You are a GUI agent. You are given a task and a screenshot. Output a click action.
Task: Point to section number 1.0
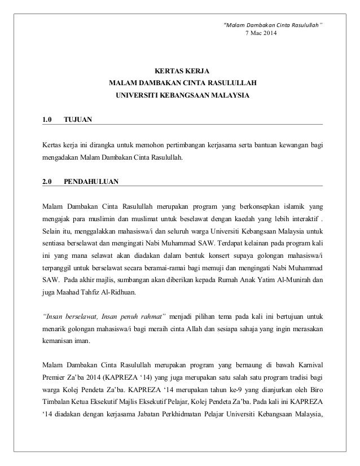click(x=47, y=120)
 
